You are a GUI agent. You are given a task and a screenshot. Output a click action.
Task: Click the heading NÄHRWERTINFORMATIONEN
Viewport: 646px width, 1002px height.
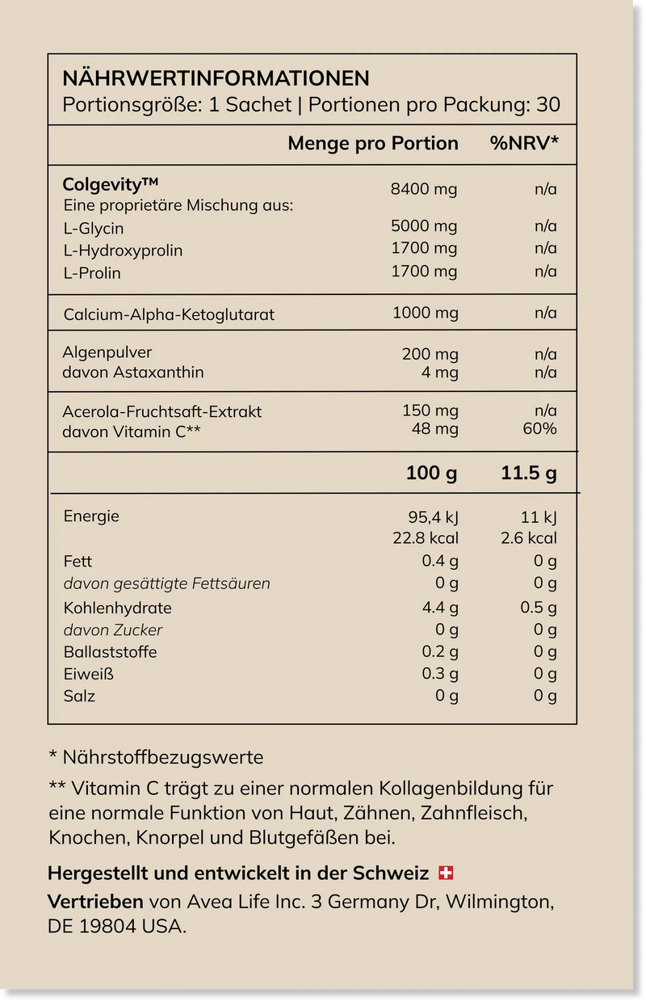[216, 78]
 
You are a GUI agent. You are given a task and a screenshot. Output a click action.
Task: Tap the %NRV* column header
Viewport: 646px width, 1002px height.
[524, 144]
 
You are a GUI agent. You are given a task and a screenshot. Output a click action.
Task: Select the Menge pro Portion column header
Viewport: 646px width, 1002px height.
[373, 144]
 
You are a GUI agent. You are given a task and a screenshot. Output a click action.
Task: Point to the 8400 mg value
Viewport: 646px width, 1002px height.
[423, 189]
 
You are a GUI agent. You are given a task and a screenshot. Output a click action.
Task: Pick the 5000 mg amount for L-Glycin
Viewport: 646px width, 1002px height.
[423, 226]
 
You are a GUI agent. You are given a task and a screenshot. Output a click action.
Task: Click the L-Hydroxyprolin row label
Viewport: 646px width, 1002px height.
[123, 250]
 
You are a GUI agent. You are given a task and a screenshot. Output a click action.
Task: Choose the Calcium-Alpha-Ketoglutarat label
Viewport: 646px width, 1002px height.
[169, 314]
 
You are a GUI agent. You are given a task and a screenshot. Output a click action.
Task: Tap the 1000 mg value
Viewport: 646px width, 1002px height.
[425, 313]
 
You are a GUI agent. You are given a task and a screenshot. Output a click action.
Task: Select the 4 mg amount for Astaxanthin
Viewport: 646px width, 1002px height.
[440, 373]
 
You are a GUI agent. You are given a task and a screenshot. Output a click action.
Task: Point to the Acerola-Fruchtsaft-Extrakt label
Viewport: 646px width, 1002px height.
[162, 411]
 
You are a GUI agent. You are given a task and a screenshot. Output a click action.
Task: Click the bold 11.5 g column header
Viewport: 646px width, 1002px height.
[528, 474]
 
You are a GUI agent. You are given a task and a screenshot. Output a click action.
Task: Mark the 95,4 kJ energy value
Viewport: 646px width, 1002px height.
[433, 517]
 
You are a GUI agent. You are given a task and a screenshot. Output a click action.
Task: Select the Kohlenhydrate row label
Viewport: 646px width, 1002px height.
[117, 608]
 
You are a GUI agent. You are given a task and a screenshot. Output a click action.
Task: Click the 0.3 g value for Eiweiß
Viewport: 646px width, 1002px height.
[441, 674]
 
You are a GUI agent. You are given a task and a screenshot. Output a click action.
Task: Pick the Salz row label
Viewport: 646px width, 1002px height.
[79, 696]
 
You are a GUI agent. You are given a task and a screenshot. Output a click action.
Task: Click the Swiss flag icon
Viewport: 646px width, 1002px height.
[446, 874]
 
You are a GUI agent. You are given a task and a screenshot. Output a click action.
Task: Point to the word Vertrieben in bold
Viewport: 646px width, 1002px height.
[95, 901]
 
